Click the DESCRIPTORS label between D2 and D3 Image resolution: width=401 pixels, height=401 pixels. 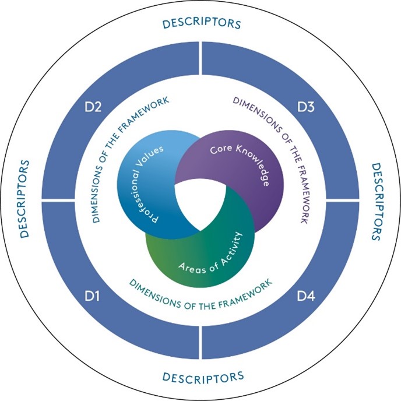200,24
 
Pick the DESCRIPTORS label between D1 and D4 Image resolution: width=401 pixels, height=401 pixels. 200,375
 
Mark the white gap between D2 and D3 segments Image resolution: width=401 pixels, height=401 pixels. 200,64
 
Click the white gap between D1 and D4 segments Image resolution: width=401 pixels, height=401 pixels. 200,338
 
